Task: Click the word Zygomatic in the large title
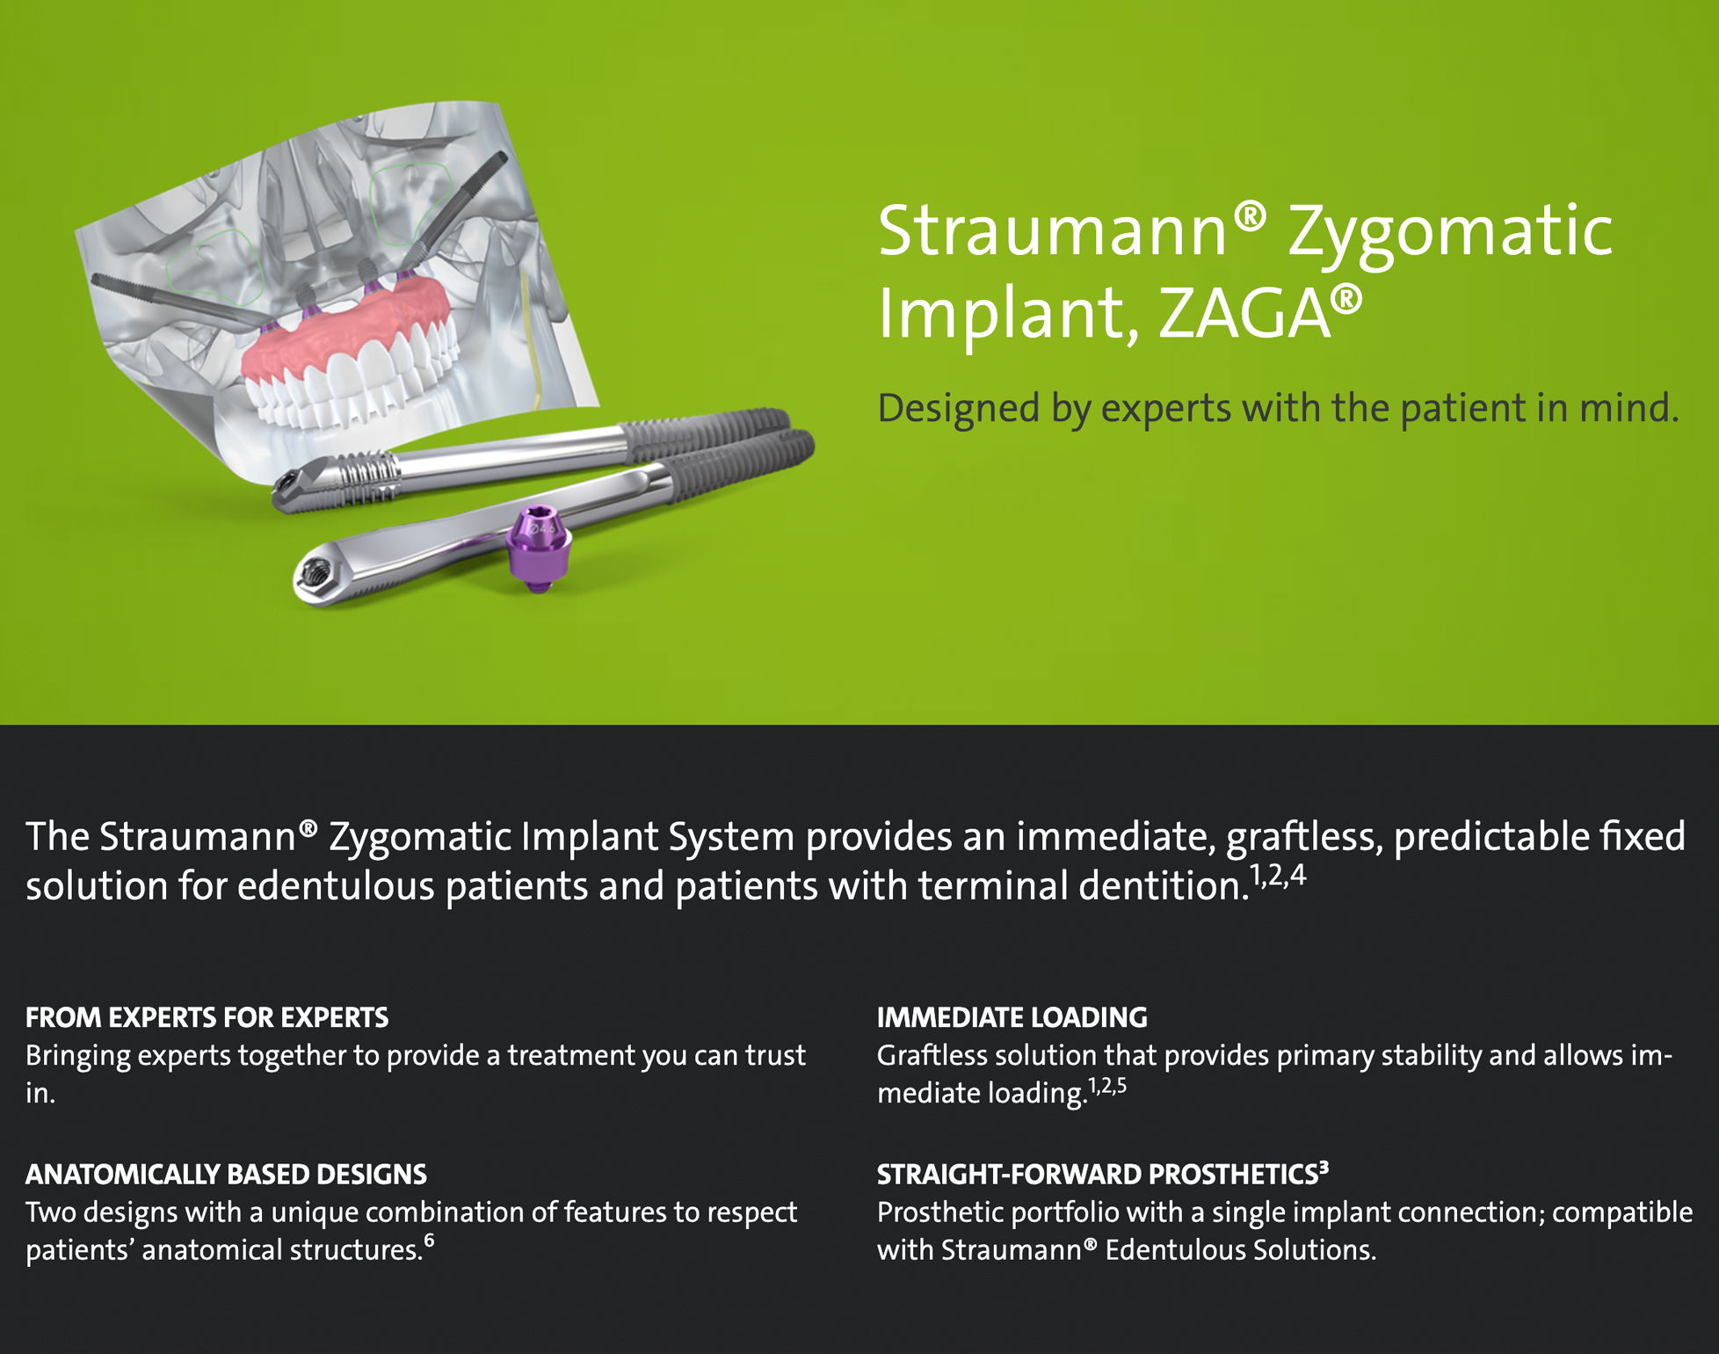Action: coord(1450,233)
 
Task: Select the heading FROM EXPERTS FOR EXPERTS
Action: coord(207,1017)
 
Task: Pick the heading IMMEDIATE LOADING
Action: coord(1012,1017)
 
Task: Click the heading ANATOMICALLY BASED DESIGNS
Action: coord(226,1174)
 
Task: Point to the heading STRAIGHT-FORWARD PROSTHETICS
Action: coord(1098,1174)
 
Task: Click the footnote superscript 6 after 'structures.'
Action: coord(429,1241)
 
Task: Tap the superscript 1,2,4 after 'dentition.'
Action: coord(1278,876)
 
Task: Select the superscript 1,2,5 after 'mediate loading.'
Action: coord(1107,1087)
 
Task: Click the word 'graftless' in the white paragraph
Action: coord(1304,837)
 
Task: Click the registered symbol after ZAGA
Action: coord(1346,299)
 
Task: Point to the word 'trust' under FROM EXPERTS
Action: coord(775,1055)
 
